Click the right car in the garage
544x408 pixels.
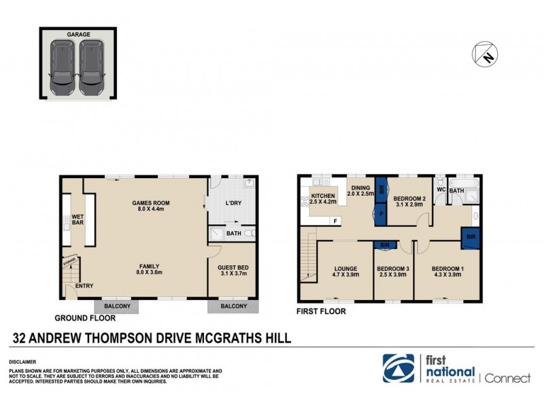(x=90, y=68)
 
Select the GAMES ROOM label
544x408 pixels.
(x=150, y=203)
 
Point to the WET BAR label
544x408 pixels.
(x=78, y=222)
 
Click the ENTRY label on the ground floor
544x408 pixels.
(x=84, y=286)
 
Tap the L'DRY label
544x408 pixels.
(x=233, y=203)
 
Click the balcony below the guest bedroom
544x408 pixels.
(x=233, y=307)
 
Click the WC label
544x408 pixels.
(x=441, y=189)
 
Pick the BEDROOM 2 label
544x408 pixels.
(x=409, y=199)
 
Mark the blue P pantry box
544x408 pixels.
(x=381, y=213)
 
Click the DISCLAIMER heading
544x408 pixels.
(x=22, y=362)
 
